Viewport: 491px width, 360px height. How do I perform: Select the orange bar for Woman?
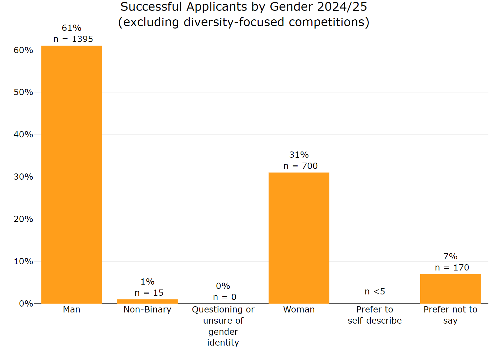(x=299, y=238)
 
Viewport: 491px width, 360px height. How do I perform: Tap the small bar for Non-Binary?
(x=147, y=301)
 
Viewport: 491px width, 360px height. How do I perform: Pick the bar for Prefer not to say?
(x=450, y=289)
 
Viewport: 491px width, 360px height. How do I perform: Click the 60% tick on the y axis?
(x=23, y=50)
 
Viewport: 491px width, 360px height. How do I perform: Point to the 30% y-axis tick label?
(x=23, y=177)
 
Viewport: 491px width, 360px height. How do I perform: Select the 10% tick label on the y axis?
(x=23, y=261)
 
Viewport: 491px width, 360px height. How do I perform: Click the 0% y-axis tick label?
(x=26, y=304)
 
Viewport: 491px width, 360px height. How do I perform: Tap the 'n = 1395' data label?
(x=73, y=39)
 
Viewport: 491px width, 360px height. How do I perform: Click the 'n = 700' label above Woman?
(x=300, y=166)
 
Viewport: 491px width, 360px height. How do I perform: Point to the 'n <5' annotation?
(x=375, y=291)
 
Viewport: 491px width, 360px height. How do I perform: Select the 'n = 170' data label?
(x=452, y=268)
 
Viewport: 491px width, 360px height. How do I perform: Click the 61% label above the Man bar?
(x=71, y=28)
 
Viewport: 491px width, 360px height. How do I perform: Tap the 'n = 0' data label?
(x=225, y=297)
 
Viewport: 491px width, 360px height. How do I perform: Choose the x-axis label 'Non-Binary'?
(x=147, y=310)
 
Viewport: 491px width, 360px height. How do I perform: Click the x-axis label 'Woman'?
(x=299, y=310)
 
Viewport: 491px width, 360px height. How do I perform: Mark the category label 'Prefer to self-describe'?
(x=375, y=315)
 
